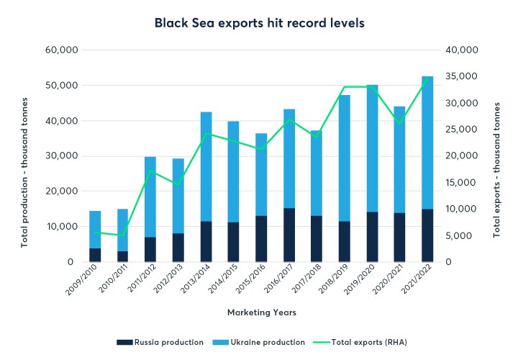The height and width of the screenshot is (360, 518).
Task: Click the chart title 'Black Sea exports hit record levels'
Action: (x=259, y=23)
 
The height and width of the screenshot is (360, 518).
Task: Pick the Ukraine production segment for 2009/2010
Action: (x=95, y=230)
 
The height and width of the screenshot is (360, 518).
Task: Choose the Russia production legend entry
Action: (x=163, y=341)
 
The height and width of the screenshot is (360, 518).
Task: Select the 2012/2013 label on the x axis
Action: (x=167, y=284)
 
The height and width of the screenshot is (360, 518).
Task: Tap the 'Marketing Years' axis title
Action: (x=261, y=312)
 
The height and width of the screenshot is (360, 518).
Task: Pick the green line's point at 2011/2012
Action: (x=150, y=171)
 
